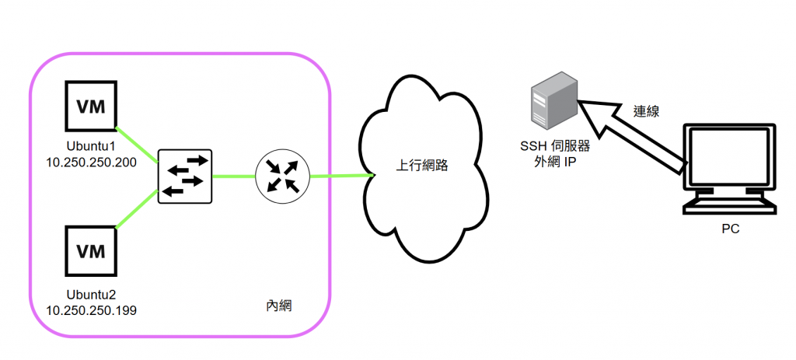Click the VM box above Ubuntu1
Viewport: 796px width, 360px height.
coord(90,105)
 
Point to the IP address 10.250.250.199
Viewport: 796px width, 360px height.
coord(91,310)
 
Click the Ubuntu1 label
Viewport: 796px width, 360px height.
coord(90,146)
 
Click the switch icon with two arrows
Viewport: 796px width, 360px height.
coord(185,176)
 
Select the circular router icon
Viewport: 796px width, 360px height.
coord(282,176)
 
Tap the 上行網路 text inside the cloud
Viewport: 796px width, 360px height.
coord(422,166)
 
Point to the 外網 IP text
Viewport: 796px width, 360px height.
coord(554,162)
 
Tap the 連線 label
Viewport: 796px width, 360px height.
coord(646,111)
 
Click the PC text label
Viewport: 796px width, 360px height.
coord(730,229)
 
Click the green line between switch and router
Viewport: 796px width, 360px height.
coord(233,176)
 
